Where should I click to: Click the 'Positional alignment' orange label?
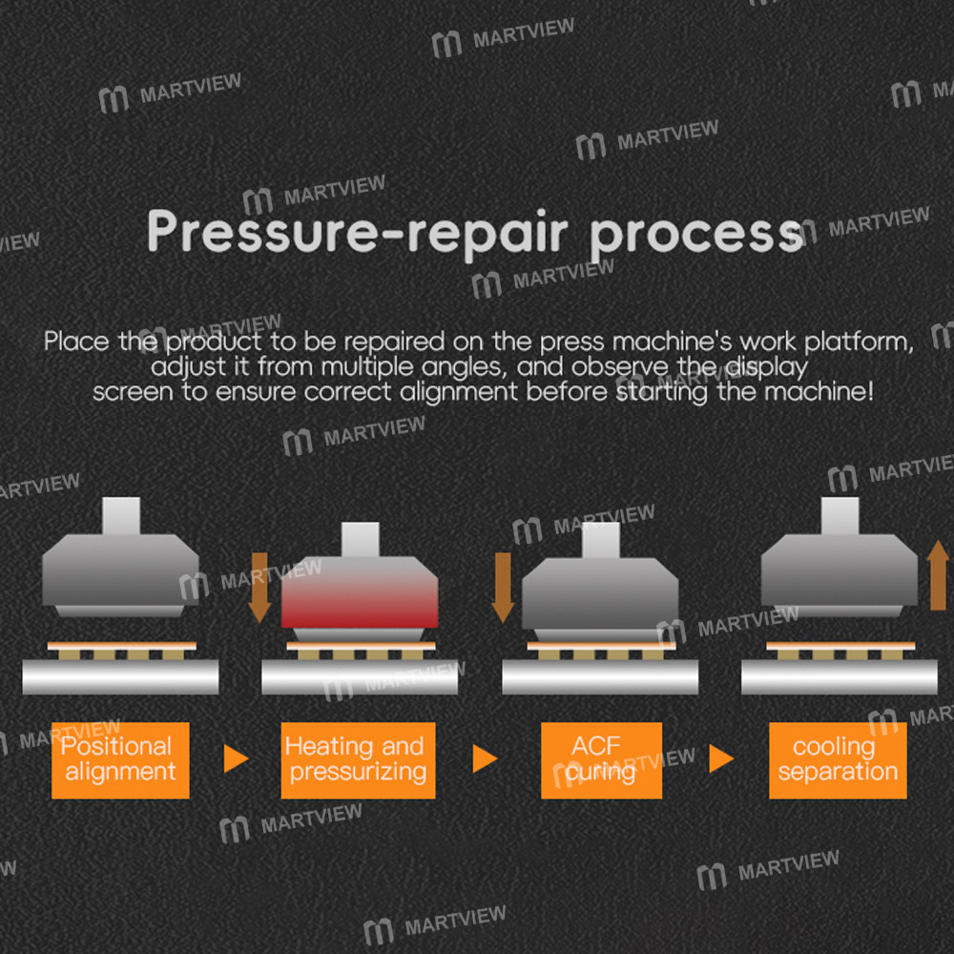click(120, 760)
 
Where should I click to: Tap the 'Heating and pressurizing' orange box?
click(358, 760)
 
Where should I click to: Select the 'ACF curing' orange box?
click(601, 760)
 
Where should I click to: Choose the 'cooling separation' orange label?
click(838, 760)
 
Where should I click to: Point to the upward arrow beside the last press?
click(938, 575)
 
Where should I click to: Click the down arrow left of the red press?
click(259, 588)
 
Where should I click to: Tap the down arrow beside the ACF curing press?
click(503, 588)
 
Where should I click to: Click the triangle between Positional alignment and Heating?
click(236, 758)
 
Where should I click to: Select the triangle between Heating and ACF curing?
click(485, 758)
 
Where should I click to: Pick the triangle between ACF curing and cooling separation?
click(721, 758)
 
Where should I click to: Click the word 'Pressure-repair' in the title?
click(358, 232)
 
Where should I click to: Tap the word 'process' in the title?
click(696, 236)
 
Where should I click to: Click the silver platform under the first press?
click(120, 676)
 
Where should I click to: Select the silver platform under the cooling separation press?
click(839, 676)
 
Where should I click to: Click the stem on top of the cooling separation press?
click(840, 516)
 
